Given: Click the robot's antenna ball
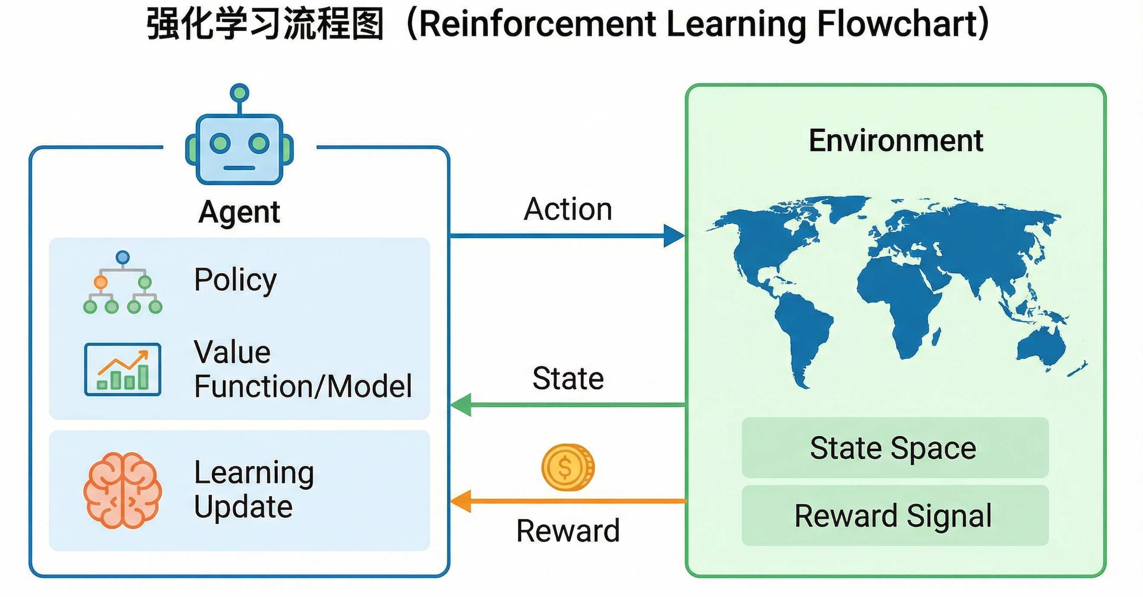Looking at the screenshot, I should coord(239,93).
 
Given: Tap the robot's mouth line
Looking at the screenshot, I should coord(239,168).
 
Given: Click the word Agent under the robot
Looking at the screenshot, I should coord(239,212).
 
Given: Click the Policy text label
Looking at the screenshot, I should coord(235,280).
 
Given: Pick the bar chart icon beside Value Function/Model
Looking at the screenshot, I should coord(122,369).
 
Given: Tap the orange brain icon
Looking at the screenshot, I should coord(122,490).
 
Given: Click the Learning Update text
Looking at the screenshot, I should coord(254,489).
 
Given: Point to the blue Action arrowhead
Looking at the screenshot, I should coord(674,235).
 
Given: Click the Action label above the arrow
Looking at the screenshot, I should coord(568,209).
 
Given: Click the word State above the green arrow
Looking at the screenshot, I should coord(568,378).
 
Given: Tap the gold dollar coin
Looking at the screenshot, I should coord(568,467).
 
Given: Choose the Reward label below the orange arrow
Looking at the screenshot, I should coord(568,531).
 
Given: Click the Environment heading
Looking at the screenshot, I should coord(896,140).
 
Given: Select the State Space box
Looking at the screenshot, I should coord(895,448).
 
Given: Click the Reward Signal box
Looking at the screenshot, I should coord(895,515).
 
